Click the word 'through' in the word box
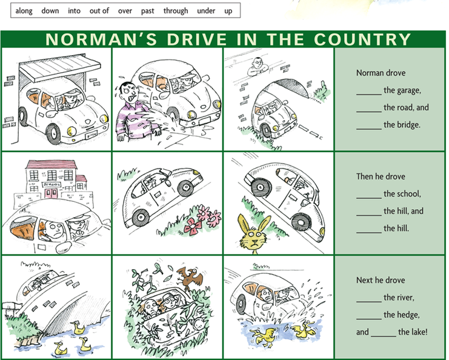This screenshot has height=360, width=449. pos(176,11)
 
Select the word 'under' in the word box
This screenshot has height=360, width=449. pos(206,11)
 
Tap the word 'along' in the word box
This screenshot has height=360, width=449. pos(24,11)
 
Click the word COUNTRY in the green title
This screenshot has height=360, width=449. pos(362,39)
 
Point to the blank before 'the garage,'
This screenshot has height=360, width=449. pos(369,94)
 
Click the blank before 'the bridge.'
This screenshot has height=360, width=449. pos(369,128)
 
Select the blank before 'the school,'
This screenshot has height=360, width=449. pos(369,198)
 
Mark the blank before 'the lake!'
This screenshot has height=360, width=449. pos(384,336)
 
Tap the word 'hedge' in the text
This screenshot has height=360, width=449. pos(408,315)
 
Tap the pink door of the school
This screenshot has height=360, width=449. pos(51,193)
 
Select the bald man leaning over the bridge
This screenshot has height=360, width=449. pos(258,67)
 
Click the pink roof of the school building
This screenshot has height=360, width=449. pos(52,164)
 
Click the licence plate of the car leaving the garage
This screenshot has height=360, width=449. pos(91,134)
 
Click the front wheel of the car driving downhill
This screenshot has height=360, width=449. pos(301,222)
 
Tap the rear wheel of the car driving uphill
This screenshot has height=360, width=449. pos(141,217)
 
